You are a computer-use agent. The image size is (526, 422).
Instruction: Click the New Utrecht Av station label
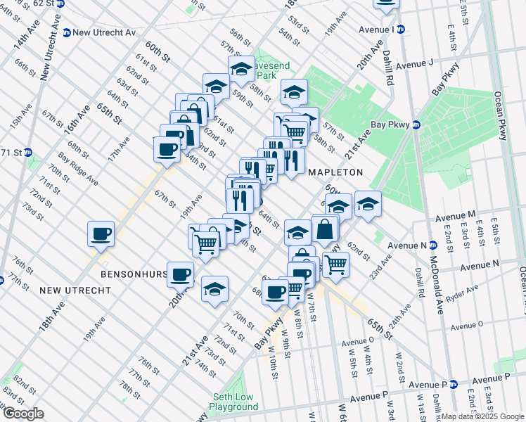coord(104,32)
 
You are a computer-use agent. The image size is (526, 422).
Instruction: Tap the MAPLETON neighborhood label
coord(335,172)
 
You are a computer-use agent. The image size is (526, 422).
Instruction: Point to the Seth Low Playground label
coord(234,402)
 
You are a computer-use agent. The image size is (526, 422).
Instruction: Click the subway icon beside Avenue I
coord(402,30)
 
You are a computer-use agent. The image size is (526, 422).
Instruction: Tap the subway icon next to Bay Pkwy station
coord(416,125)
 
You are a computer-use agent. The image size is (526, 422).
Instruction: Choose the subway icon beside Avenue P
coord(454,385)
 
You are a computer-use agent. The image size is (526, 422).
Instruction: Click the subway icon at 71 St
coord(28,152)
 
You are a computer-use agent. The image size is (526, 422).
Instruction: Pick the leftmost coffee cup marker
coord(101,233)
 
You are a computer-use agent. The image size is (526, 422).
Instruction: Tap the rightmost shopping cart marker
coord(336,263)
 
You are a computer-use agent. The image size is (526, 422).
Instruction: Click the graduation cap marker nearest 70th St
coord(215,288)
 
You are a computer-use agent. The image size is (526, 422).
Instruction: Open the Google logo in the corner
coord(23,414)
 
